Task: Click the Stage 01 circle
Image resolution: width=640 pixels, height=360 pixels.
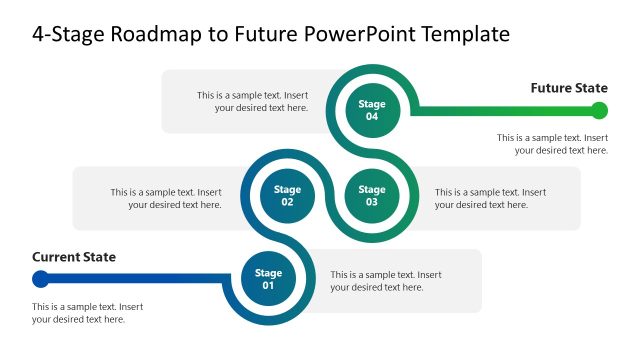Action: click(268, 279)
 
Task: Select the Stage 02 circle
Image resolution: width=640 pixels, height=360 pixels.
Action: click(287, 196)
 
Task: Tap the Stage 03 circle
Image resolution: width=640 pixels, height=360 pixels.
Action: click(372, 196)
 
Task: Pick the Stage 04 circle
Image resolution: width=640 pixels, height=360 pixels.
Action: click(372, 110)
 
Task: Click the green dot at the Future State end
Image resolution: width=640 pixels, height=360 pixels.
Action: click(599, 110)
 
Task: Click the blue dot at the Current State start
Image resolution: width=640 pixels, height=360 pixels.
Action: click(40, 279)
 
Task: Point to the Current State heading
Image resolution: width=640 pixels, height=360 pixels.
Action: click(74, 257)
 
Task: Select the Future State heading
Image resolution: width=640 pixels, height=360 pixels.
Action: click(568, 88)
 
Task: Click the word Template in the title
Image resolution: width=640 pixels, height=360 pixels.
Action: click(461, 34)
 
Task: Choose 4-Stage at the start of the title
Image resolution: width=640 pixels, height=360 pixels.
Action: click(66, 34)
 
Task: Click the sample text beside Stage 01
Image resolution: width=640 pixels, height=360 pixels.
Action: click(386, 281)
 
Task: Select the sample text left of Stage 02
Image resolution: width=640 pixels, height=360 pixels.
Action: click(166, 198)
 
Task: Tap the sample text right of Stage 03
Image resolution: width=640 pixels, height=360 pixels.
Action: click(490, 198)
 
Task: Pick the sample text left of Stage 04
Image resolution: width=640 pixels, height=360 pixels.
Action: click(252, 101)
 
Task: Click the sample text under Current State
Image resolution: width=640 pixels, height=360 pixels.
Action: click(88, 313)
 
